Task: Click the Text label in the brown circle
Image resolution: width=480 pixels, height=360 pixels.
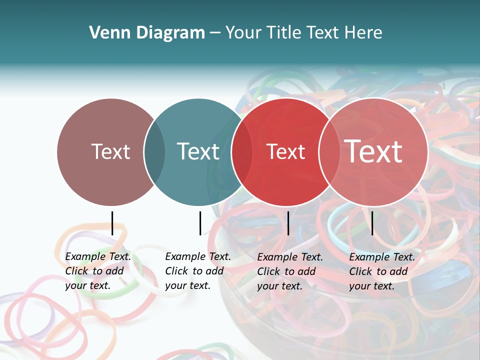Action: [110, 151]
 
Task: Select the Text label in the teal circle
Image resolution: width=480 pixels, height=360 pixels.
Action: [198, 151]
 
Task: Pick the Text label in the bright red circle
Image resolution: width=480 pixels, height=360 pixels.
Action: [285, 151]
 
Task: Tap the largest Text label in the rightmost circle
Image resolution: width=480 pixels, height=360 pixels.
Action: [373, 151]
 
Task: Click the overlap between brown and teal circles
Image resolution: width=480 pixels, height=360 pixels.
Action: [154, 151]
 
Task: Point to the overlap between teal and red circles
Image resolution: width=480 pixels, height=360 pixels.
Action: [242, 151]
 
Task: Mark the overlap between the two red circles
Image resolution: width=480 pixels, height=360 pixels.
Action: [329, 151]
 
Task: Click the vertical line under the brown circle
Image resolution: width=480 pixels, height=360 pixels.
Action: [112, 223]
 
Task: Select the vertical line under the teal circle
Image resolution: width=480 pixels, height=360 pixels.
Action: [200, 223]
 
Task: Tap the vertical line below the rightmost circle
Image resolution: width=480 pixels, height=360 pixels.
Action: [372, 223]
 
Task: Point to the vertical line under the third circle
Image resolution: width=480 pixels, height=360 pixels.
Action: [288, 223]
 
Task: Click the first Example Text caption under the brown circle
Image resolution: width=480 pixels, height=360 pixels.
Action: [98, 271]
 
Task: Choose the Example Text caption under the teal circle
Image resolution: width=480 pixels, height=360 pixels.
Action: [198, 271]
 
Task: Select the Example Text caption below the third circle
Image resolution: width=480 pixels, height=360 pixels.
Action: [290, 271]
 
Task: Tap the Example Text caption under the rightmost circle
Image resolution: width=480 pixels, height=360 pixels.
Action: [382, 271]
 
